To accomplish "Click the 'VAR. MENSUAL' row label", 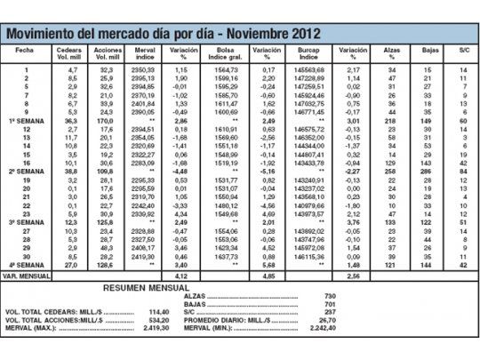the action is point(26,276).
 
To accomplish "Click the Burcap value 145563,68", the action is point(308,69).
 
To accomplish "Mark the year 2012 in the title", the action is point(298,35).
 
